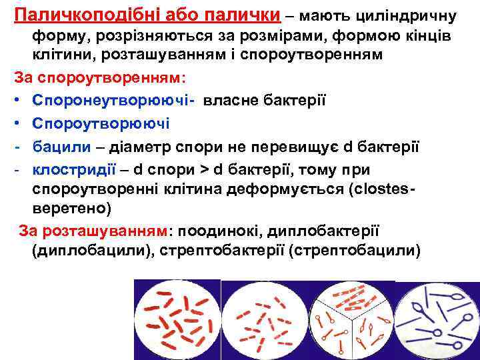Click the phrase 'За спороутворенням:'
click(97, 77)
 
